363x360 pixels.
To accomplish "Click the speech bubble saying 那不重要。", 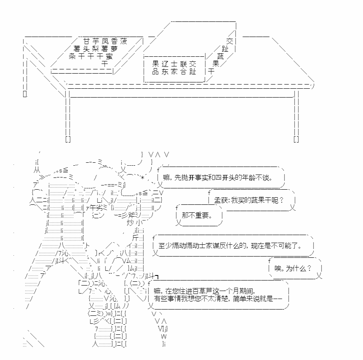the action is click(199, 215).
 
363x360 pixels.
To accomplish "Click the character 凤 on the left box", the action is click(105, 41).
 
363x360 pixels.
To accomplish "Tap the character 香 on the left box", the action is click(115, 41).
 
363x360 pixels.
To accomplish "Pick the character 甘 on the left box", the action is click(87, 41).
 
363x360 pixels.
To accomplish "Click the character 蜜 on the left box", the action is click(109, 56).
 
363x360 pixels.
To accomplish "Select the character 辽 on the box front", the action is click(165, 64).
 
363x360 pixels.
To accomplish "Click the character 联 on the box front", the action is click(183, 64).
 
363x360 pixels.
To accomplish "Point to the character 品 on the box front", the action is click(155, 71).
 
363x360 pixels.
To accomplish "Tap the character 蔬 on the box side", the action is click(220, 56).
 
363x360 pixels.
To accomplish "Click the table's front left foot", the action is click(68, 139).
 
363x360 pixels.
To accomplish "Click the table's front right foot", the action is click(296, 139).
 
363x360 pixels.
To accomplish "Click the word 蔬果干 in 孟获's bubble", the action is click(262, 200).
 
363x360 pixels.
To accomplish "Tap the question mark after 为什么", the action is click(309, 268).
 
